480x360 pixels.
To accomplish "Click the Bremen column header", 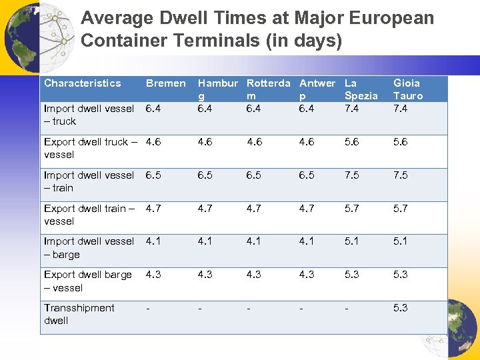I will [165, 83].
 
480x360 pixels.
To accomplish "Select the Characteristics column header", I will [83, 83].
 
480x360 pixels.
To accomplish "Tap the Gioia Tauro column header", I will [407, 89].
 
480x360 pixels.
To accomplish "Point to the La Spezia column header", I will [361, 89].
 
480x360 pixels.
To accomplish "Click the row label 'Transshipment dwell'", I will [79, 314].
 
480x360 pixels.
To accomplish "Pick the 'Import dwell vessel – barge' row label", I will [89, 248].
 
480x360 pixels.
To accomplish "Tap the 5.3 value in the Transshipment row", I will [401, 308].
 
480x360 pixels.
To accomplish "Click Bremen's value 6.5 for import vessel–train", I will [153, 175].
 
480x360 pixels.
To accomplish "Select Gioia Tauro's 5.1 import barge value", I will [401, 241].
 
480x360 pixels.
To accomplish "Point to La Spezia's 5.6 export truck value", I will [353, 142].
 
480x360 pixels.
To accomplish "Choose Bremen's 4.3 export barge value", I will [153, 275].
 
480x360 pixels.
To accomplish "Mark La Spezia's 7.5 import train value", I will [353, 175].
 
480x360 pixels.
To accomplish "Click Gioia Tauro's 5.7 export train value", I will [401, 209].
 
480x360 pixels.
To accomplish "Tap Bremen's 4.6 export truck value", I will [153, 142].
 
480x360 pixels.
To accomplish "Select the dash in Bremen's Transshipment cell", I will [147, 308].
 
